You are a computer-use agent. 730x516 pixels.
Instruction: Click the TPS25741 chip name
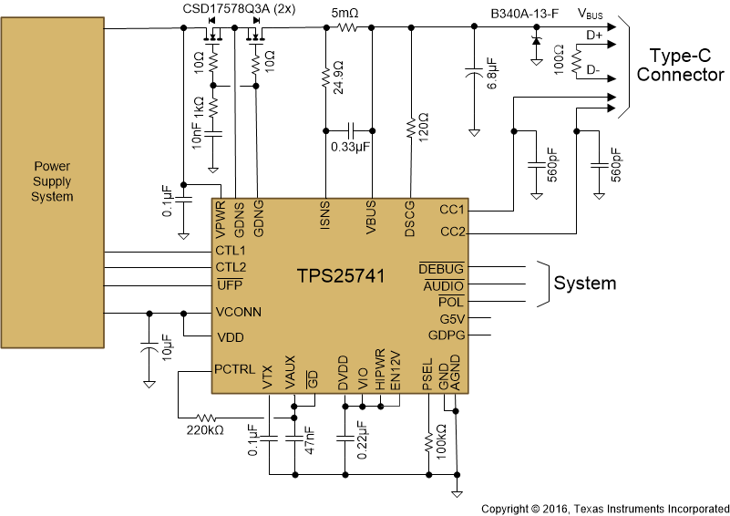(x=338, y=274)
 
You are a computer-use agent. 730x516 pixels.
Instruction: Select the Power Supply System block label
(x=52, y=181)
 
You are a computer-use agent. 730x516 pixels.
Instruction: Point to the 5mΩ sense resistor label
(x=345, y=14)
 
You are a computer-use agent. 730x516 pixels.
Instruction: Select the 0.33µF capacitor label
(x=350, y=146)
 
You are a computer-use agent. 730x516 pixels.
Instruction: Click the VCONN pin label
(x=238, y=312)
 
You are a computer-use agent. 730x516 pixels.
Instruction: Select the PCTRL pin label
(x=235, y=370)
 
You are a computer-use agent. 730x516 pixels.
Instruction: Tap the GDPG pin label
(x=447, y=335)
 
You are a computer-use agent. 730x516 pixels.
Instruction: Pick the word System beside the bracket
(x=584, y=284)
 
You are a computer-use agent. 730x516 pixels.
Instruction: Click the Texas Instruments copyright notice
(x=604, y=508)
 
